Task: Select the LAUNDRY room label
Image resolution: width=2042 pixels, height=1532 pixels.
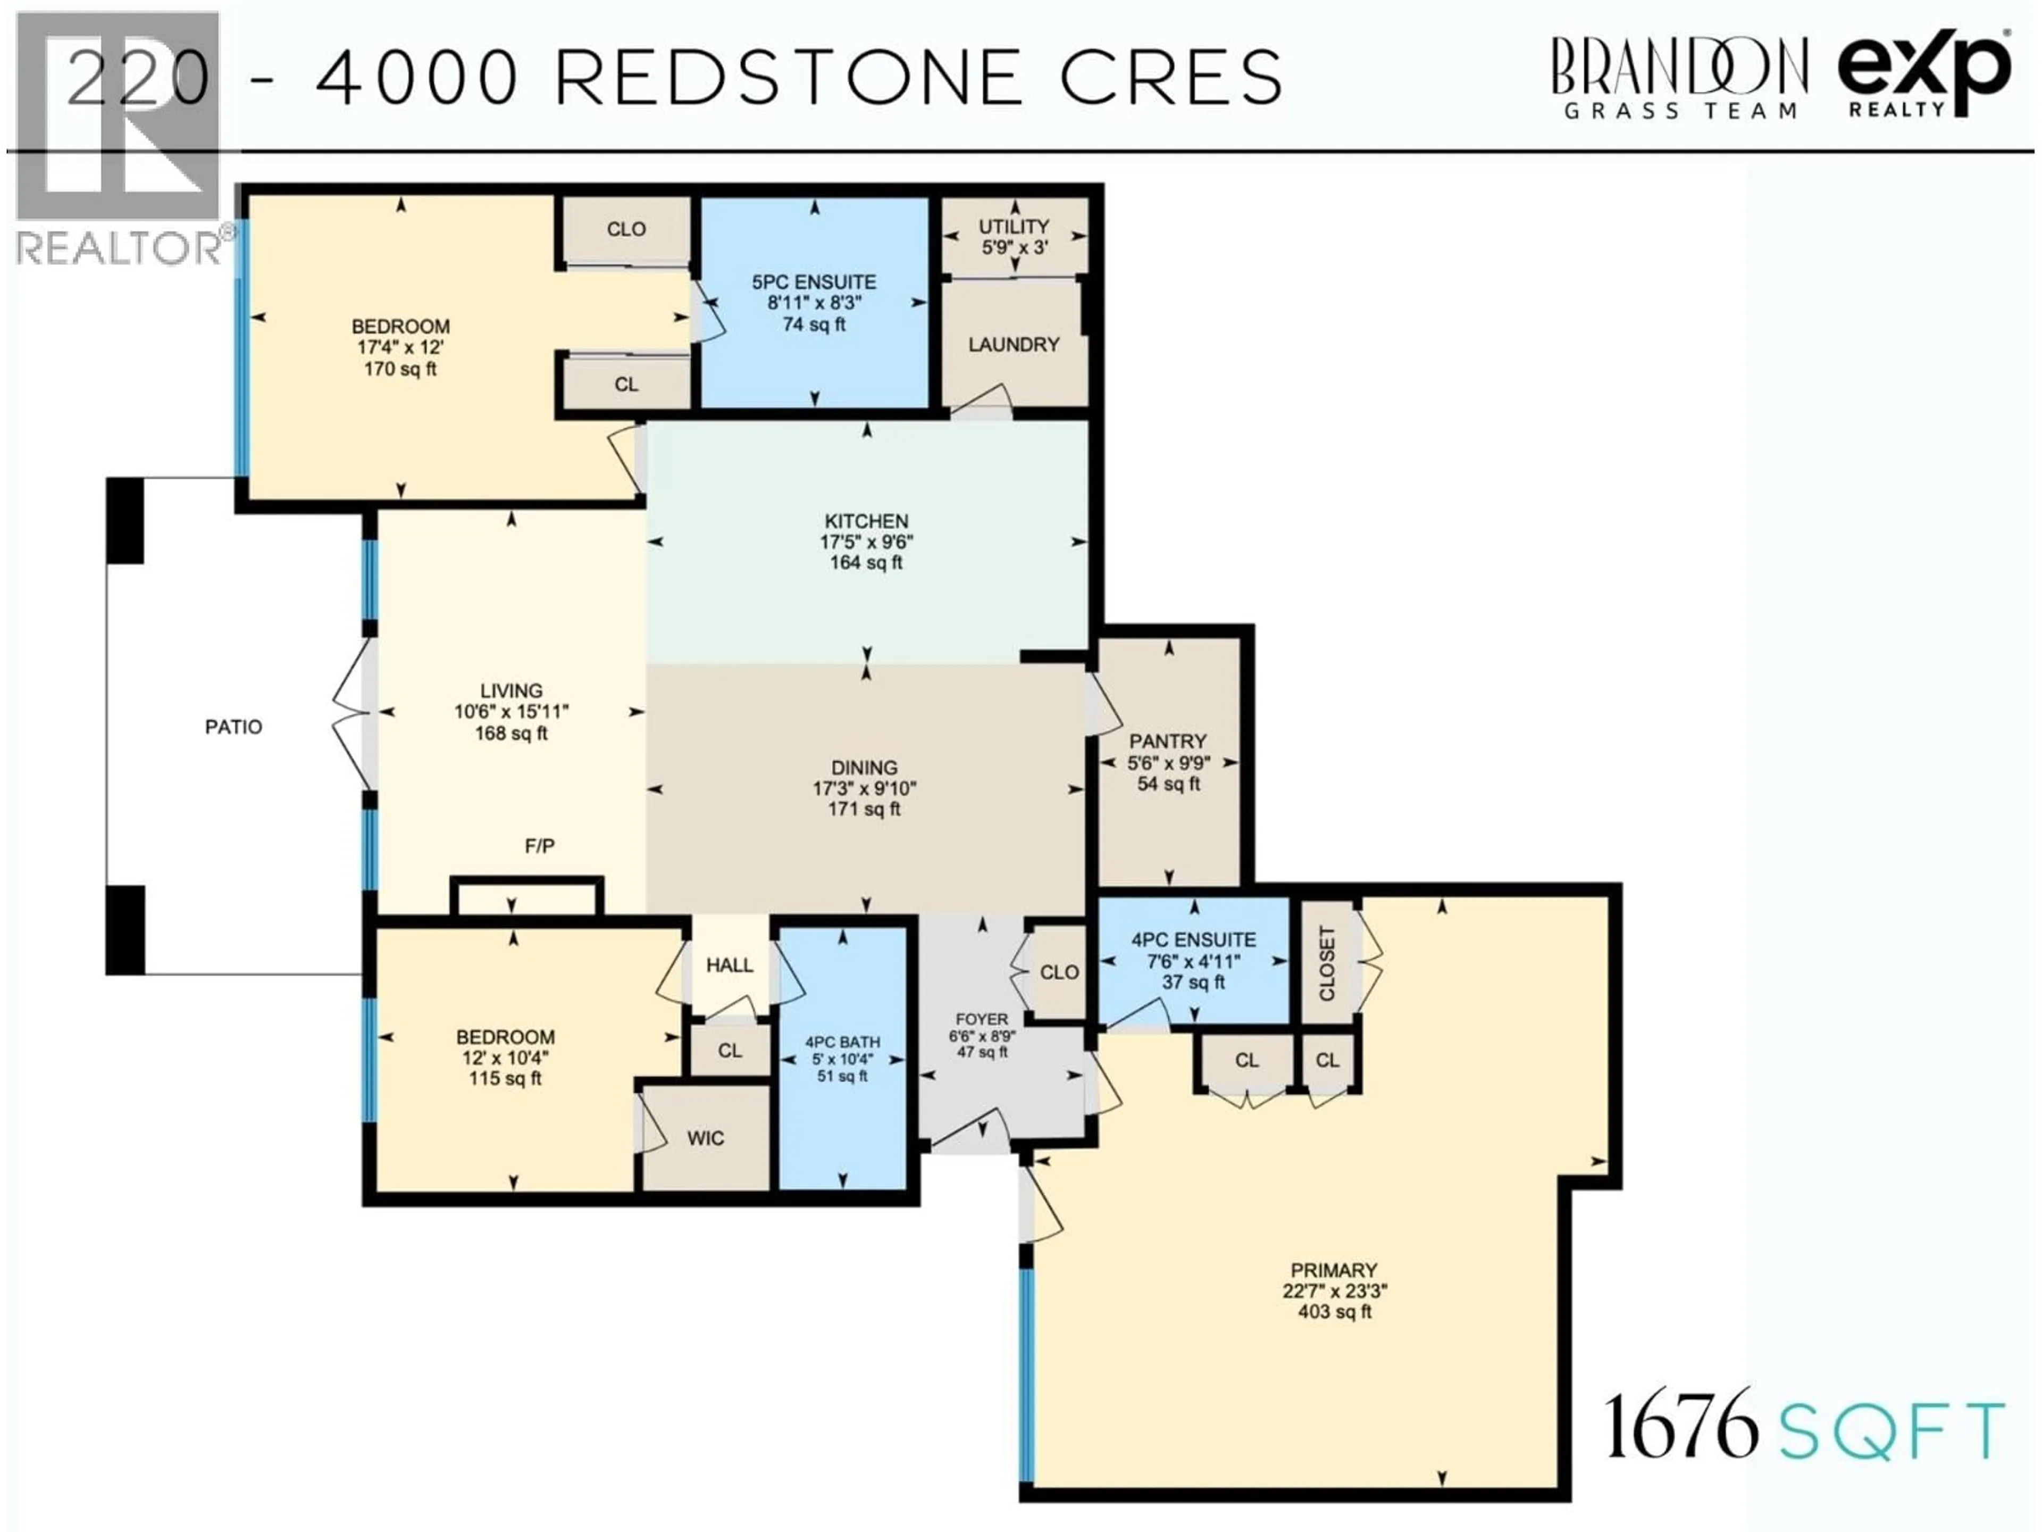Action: (x=1014, y=345)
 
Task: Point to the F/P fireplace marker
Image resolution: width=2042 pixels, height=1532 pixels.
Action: (x=540, y=846)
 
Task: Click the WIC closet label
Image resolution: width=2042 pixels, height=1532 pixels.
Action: (x=705, y=1138)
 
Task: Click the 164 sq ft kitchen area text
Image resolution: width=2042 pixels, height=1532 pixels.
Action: (x=866, y=562)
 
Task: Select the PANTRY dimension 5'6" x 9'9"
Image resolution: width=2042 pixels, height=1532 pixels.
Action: (x=1168, y=763)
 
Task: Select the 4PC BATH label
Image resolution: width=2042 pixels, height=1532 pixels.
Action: (x=842, y=1042)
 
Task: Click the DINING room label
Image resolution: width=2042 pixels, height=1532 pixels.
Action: (x=864, y=768)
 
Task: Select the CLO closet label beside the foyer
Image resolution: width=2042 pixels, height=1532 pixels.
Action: (x=1059, y=972)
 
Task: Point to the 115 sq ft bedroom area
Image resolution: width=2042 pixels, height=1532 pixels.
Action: (x=504, y=1079)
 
